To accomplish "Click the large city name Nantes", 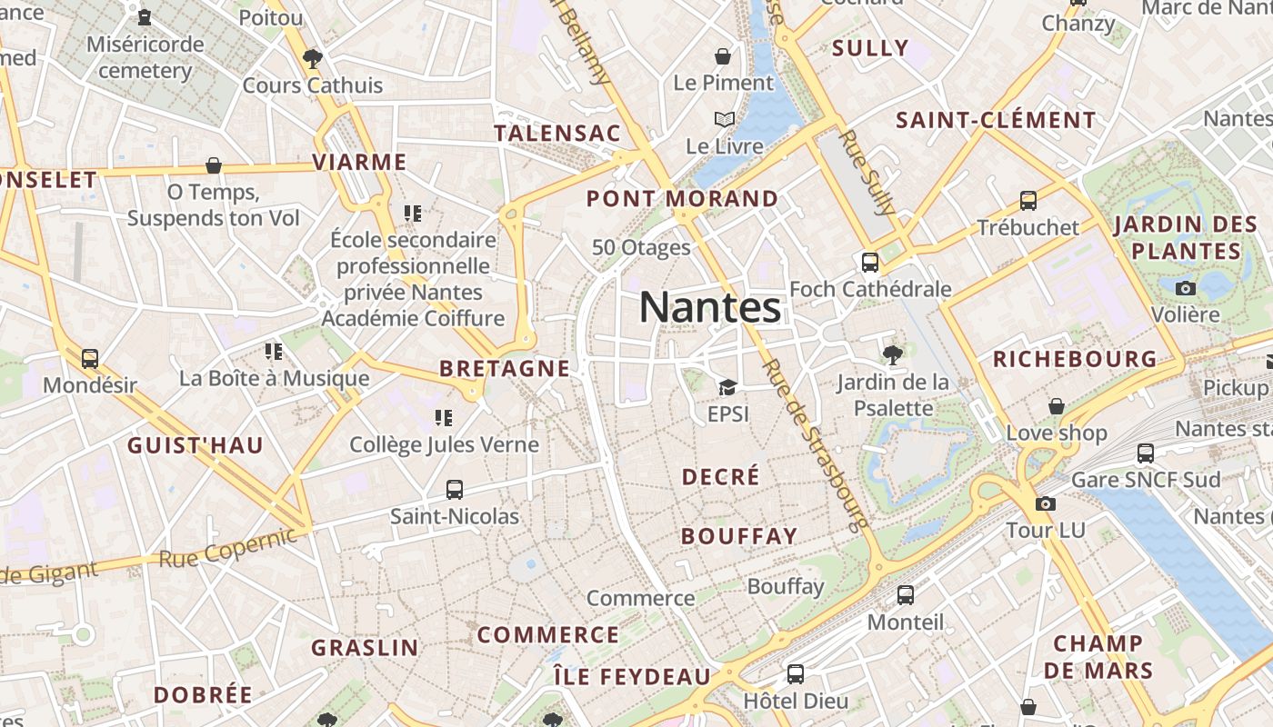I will (710, 307).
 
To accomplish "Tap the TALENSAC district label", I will (557, 133).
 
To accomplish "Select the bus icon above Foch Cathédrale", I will (870, 263).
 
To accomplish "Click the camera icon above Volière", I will (1186, 288).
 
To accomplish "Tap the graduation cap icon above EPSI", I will (727, 388).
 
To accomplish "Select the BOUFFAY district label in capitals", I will (739, 536).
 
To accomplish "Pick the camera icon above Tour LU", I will (1046, 503).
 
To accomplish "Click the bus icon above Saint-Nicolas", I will (455, 490).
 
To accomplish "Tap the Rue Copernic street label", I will (227, 547).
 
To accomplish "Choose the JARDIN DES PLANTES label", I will (1186, 237).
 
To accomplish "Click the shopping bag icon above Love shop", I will (1056, 406).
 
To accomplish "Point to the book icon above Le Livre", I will (725, 120).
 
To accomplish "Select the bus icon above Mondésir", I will (89, 359).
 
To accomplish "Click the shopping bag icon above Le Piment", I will (723, 56).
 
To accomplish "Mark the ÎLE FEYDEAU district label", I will (632, 676).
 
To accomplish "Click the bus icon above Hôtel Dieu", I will (796, 673).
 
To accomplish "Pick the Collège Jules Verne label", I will (445, 444).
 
